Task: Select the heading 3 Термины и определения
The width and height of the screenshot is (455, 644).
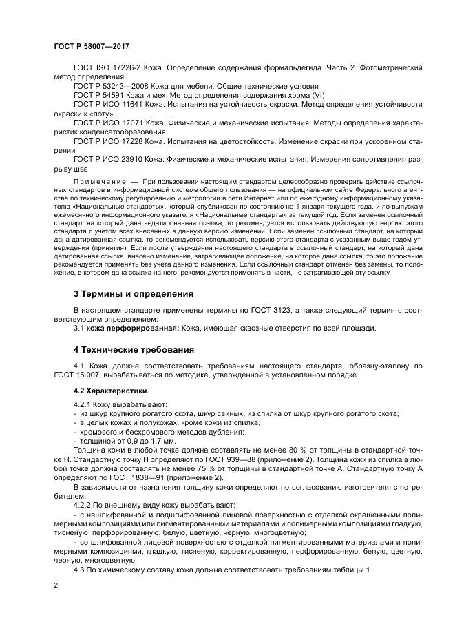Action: pos(134,294)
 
